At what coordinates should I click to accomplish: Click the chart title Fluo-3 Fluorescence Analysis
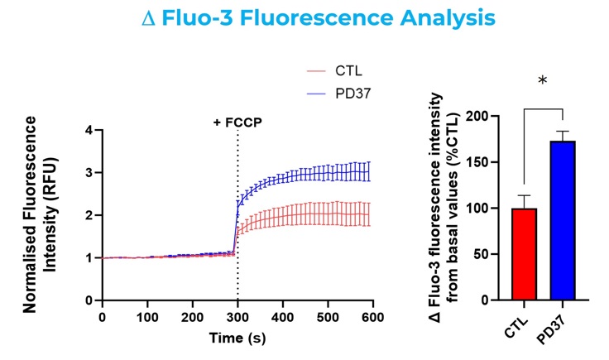pos(304,17)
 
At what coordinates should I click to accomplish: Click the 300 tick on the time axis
pos(238,317)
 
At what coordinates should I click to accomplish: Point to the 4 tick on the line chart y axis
pos(88,130)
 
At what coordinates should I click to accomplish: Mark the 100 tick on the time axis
pos(147,317)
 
